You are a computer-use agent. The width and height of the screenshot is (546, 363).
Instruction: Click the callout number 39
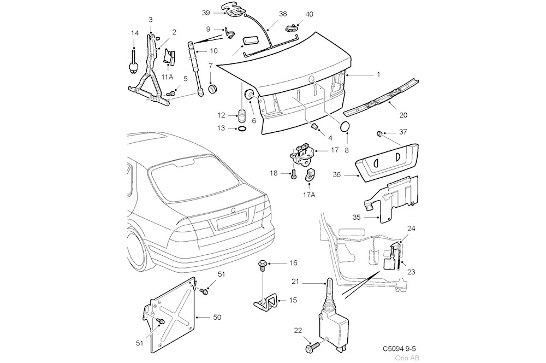[x=206, y=13]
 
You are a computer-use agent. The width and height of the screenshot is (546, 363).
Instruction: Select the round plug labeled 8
[x=345, y=127]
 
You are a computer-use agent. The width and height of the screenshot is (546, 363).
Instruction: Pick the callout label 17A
[x=309, y=194]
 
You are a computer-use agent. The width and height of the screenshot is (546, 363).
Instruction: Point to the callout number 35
[x=356, y=217]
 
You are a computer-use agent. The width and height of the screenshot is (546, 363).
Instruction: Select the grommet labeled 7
[x=212, y=89]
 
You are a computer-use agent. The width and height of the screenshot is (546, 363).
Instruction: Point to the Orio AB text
[x=412, y=356]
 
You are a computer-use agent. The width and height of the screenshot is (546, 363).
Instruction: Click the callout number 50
[x=216, y=317]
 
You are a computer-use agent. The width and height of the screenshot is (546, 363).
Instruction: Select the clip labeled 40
[x=295, y=25]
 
